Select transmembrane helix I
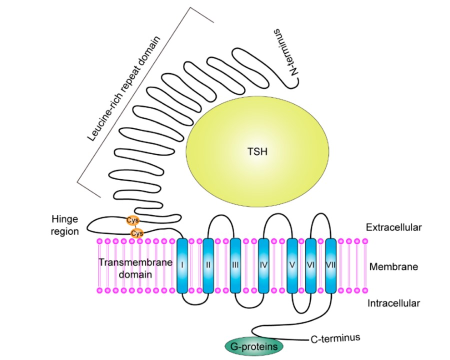[182, 265]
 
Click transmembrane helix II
[208, 265]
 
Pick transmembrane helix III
[235, 265]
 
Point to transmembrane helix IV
[264, 265]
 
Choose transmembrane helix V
[292, 265]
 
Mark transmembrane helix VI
[311, 265]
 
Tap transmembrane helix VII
[330, 265]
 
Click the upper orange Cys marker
[132, 220]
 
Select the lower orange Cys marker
[136, 233]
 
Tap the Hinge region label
[65, 225]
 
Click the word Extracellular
[393, 227]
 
